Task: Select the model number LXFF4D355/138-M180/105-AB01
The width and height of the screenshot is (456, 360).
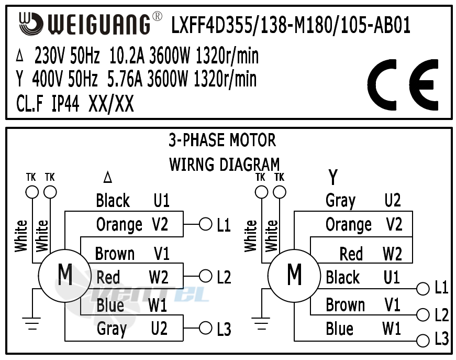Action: tap(291, 25)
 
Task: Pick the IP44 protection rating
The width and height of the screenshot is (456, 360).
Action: tap(65, 104)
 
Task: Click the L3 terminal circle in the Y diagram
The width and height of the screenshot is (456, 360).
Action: tap(422, 341)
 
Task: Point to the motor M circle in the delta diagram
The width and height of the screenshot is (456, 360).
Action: tap(65, 274)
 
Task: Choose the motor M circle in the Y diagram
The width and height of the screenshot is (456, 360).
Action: tap(294, 274)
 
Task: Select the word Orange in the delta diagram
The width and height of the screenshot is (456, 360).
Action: tap(119, 225)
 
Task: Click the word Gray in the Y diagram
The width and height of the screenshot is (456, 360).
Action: tap(340, 201)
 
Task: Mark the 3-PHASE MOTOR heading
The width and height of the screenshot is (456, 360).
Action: tap(222, 140)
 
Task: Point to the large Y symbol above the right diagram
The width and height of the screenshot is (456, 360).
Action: tap(332, 178)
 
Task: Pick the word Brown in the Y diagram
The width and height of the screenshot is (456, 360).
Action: tap(345, 305)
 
